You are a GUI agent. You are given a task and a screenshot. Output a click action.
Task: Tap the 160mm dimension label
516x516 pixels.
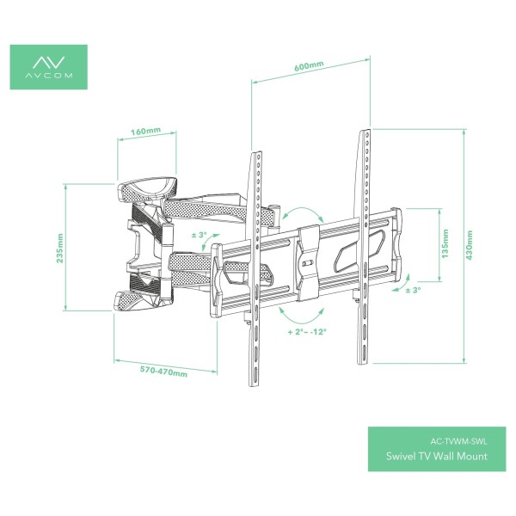coord(146,132)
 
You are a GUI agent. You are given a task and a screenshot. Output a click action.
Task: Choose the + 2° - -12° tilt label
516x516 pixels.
coord(307,331)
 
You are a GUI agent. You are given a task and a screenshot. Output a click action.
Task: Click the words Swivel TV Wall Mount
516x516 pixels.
coord(444,456)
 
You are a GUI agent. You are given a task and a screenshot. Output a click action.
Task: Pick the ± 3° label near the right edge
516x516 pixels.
coord(413,291)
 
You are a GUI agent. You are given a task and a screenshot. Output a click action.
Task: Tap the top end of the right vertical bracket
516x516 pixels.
coord(365,132)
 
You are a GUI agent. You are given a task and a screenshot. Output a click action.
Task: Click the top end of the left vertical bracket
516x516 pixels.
coord(255,156)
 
